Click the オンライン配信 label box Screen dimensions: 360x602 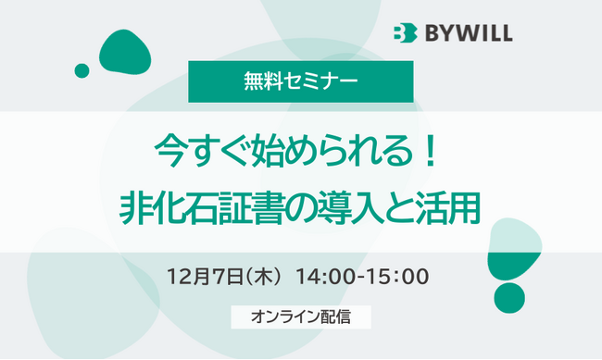point(301,316)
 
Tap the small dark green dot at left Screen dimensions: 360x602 point(82,70)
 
